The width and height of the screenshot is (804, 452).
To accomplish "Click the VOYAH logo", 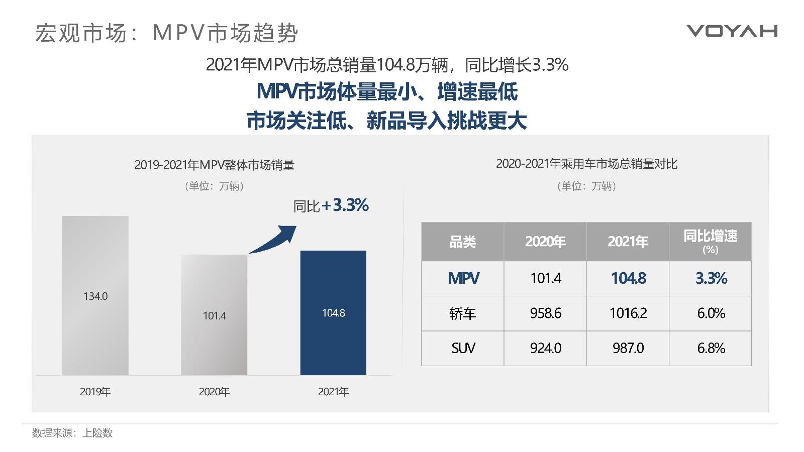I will tap(732, 31).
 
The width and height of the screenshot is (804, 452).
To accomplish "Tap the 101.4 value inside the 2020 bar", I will tap(214, 316).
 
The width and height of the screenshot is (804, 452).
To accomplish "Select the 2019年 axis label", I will tap(95, 392).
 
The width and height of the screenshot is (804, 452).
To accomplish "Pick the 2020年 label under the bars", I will tap(214, 392).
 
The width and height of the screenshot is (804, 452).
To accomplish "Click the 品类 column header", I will tap(462, 242).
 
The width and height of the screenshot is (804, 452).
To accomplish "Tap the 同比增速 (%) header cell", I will tap(710, 242).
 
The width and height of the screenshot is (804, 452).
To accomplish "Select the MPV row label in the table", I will tap(463, 278).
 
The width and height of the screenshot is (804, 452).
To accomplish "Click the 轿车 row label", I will tap(462, 313).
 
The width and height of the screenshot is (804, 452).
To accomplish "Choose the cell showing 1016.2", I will tap(628, 313).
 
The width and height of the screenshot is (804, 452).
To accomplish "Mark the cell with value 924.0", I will tap(545, 348).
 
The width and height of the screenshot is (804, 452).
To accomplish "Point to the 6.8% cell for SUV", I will tap(710, 348).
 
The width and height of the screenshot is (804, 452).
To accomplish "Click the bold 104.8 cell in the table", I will tap(628, 278).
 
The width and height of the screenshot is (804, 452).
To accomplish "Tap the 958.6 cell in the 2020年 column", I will tap(545, 313).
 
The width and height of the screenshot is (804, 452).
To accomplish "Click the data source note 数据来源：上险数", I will tap(72, 433).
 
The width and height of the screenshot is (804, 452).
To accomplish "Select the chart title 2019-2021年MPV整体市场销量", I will tap(214, 165).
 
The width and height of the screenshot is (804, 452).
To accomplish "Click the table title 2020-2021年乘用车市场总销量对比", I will tap(586, 164).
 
